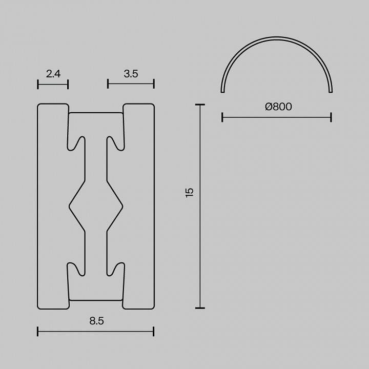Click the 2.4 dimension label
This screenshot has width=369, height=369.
[x=53, y=74]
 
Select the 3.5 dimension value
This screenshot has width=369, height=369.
[x=131, y=74]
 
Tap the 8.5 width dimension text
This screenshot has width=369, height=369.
[x=96, y=321]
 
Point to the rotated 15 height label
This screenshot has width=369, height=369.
[x=190, y=192]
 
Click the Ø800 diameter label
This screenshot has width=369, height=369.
[x=278, y=107]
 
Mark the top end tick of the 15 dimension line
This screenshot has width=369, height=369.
[x=200, y=104]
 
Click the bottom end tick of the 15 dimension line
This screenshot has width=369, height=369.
[x=200, y=309]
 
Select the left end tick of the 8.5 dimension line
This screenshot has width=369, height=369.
[x=38, y=332]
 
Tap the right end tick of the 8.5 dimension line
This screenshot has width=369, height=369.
[x=154, y=332]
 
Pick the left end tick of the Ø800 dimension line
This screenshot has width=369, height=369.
[x=222, y=117]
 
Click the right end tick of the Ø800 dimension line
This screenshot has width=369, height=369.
[x=331, y=117]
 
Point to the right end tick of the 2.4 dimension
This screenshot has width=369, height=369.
[x=68, y=84]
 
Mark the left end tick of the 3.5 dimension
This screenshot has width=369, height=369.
[x=108, y=84]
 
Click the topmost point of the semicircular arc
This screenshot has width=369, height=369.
[x=277, y=37]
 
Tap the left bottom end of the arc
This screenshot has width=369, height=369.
[x=222, y=92]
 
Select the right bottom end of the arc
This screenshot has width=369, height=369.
[x=331, y=92]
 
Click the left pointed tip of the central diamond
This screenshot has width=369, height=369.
[x=70, y=206]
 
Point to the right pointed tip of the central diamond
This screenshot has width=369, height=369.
[x=122, y=206]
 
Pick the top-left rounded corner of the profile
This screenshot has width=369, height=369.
[x=39, y=106]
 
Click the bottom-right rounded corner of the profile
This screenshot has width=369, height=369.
[x=152, y=307]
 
